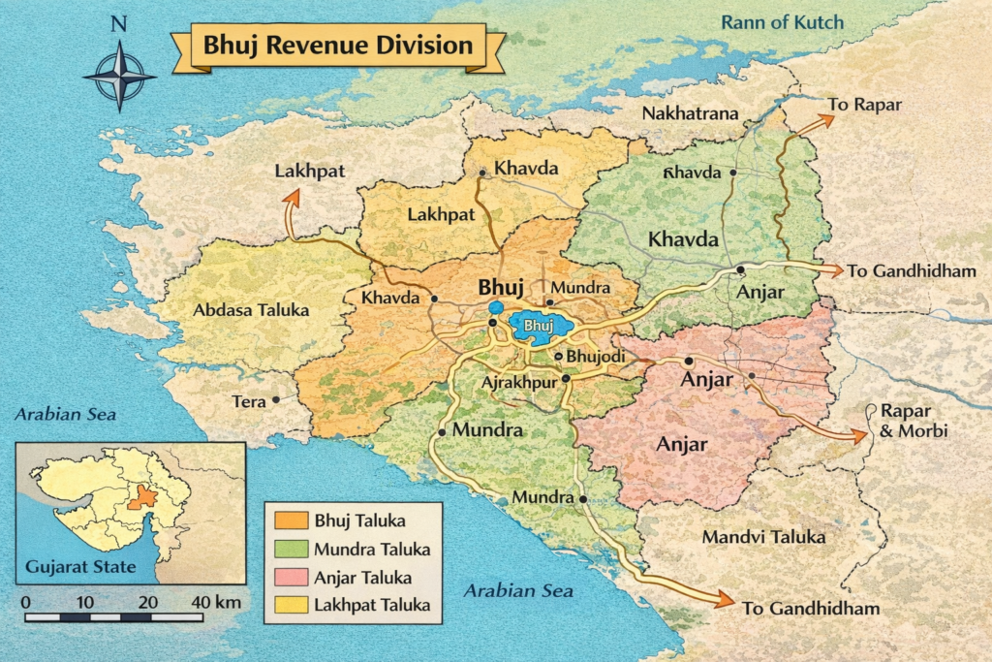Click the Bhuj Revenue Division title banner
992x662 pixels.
click(337, 46)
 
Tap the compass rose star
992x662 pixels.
click(118, 77)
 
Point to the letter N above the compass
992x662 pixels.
click(118, 24)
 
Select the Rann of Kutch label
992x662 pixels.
click(783, 22)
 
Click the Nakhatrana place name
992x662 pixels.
click(690, 114)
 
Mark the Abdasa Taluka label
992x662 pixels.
click(251, 311)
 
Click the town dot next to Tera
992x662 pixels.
click(276, 399)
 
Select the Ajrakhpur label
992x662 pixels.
click(518, 382)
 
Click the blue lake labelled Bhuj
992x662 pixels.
click(539, 327)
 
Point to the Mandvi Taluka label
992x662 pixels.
click(763, 537)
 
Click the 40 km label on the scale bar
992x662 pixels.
click(215, 602)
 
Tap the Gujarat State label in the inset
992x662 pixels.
click(80, 567)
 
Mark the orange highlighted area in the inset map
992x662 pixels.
click(142, 495)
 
